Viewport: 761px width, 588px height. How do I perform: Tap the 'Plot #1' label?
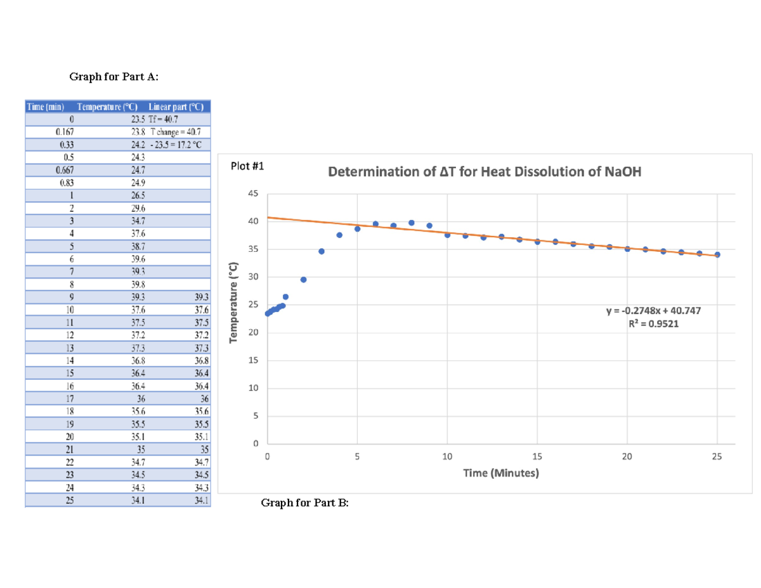click(x=245, y=167)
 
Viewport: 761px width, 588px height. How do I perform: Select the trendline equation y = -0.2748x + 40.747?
click(x=654, y=311)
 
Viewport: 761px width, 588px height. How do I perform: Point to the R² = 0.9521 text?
click(x=654, y=323)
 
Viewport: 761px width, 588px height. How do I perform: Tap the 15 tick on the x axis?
click(x=537, y=457)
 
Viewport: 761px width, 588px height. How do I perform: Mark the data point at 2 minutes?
click(x=303, y=280)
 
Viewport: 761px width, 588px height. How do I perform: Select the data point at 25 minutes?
click(x=717, y=254)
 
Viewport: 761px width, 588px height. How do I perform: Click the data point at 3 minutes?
click(x=322, y=251)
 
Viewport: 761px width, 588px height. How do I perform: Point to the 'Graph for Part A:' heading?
click(x=114, y=77)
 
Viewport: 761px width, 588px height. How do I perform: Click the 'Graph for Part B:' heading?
click(x=305, y=503)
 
